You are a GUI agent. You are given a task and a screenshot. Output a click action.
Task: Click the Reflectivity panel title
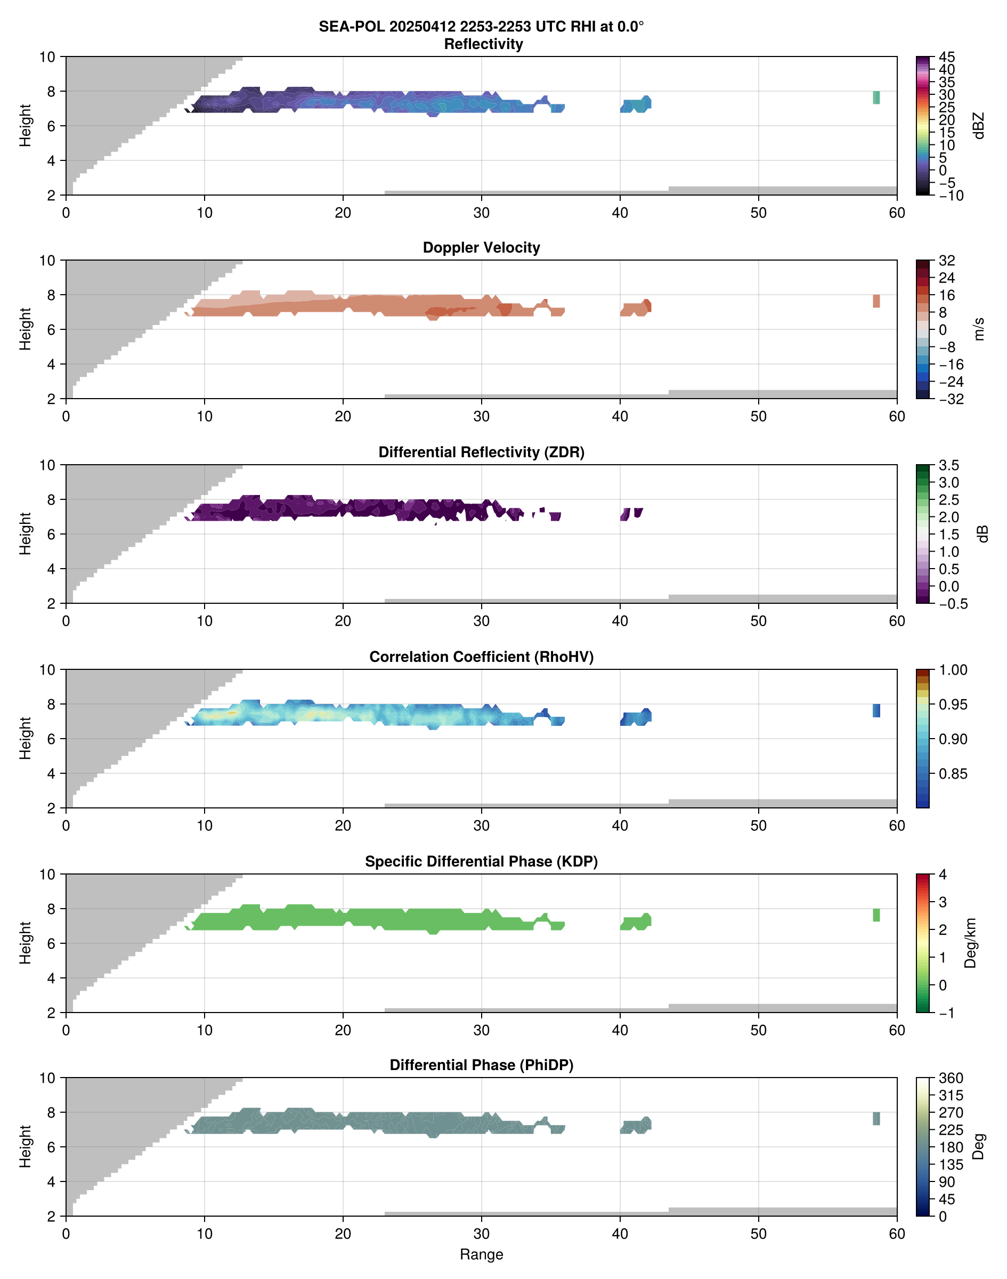click(x=483, y=44)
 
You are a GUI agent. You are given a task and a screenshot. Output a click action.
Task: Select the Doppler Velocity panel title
click(x=481, y=248)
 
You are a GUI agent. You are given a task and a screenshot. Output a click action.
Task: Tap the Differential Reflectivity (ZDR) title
click(x=481, y=452)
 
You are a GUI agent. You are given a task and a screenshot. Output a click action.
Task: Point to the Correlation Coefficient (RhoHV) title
click(x=481, y=657)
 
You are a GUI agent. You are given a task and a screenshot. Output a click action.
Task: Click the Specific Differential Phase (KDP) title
click(x=481, y=862)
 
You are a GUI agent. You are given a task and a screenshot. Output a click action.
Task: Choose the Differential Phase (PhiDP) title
click(x=481, y=1065)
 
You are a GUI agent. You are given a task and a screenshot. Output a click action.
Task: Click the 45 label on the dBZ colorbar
click(x=947, y=57)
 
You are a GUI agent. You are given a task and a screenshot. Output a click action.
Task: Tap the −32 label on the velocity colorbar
click(x=951, y=399)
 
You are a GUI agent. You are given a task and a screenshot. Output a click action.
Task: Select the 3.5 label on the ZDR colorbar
click(x=948, y=465)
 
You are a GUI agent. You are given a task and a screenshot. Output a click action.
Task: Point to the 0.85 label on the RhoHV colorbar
click(x=953, y=774)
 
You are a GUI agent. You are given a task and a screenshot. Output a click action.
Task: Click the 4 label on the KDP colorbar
click(x=943, y=875)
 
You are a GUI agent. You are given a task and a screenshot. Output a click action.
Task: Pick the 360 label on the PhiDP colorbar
click(x=951, y=1079)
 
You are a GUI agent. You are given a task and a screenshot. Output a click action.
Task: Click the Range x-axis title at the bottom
click(x=481, y=1254)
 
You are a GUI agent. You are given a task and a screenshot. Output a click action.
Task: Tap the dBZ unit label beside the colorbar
click(x=979, y=126)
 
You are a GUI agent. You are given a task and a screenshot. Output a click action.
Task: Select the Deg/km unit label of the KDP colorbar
click(x=970, y=943)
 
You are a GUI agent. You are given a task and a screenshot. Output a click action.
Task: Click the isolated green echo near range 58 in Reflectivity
click(x=876, y=98)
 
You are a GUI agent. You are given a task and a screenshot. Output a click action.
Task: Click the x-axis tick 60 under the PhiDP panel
click(x=896, y=1234)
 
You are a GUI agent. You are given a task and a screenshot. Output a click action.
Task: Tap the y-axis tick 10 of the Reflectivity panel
click(x=47, y=57)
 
